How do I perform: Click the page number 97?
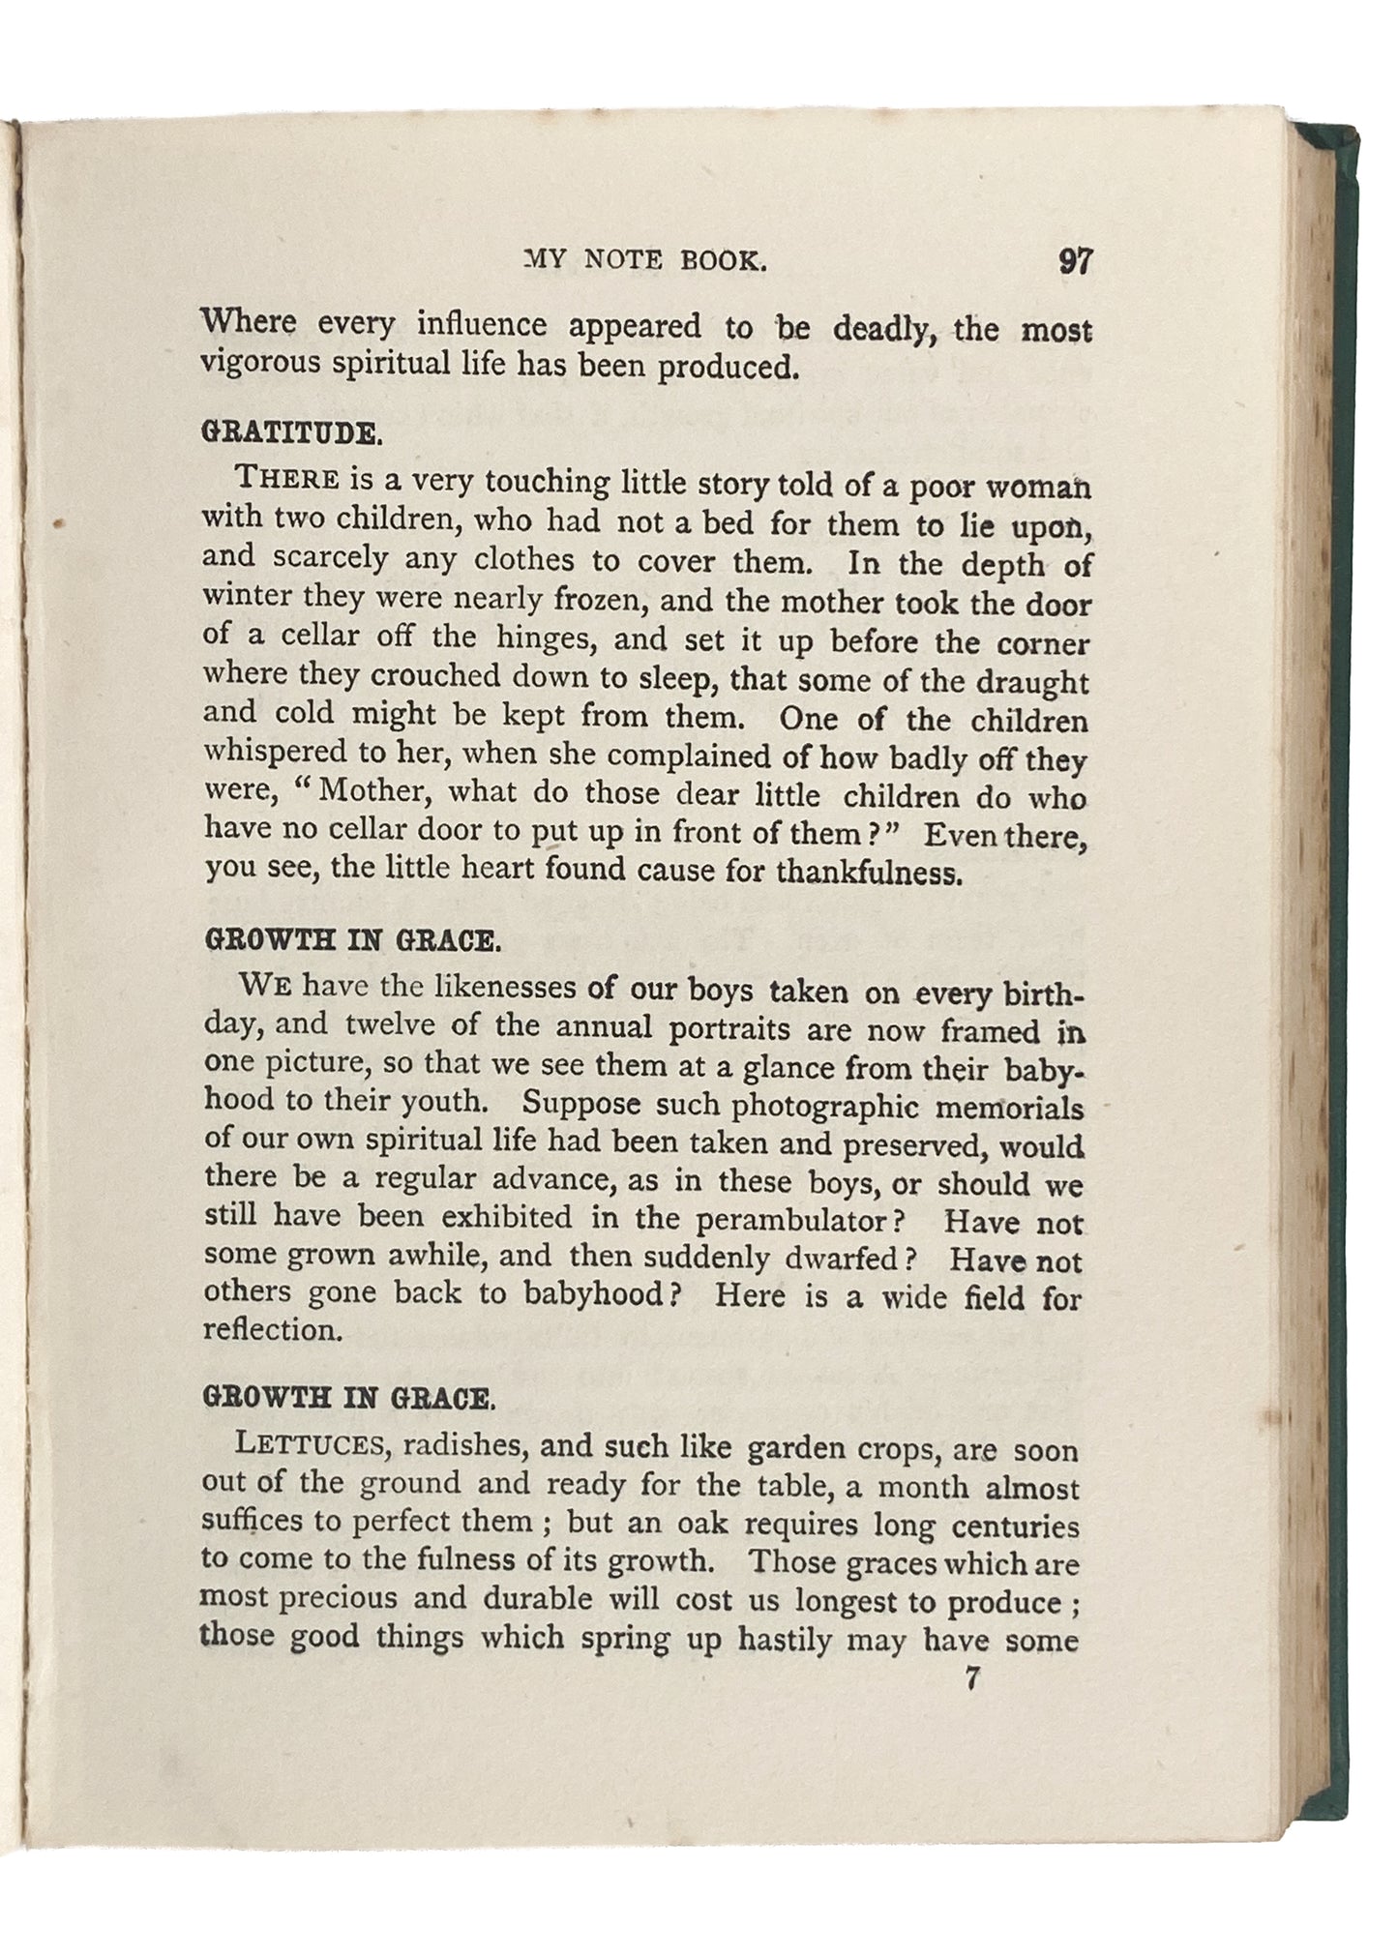(x=1075, y=263)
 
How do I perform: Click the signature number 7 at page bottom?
(x=972, y=1679)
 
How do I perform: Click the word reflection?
(x=272, y=1331)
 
